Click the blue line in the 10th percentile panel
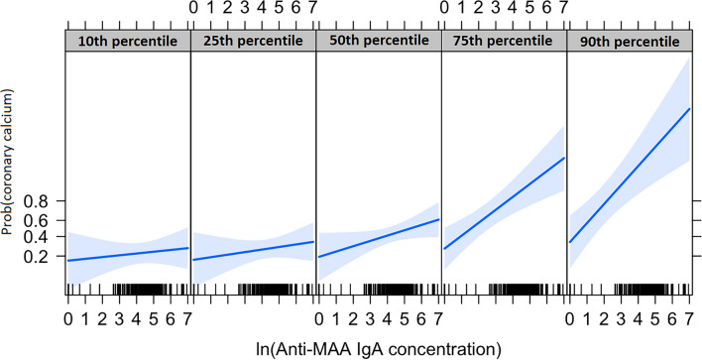click(127, 254)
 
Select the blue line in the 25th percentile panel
click(253, 251)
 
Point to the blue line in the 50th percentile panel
click(378, 238)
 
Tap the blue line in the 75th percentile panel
click(503, 203)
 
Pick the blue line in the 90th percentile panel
click(628, 176)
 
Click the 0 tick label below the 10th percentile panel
click(67, 319)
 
